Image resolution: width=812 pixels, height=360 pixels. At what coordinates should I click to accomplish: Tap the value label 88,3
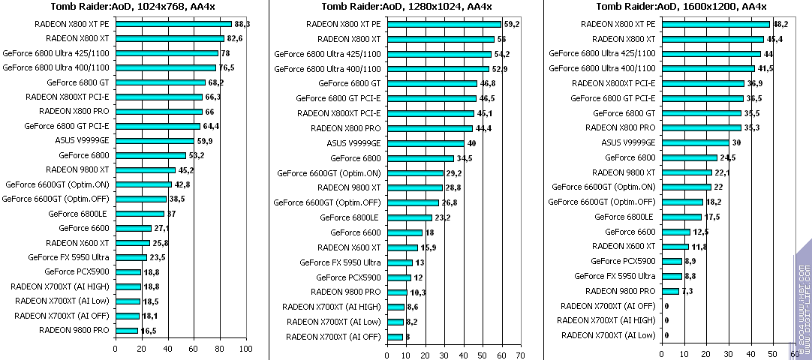point(242,24)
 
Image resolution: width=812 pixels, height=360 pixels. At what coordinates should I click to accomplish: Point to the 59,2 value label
point(512,24)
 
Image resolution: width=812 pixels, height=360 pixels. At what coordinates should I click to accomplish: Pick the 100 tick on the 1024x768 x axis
point(245,349)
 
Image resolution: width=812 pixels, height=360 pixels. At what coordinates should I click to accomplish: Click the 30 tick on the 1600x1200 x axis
point(728,354)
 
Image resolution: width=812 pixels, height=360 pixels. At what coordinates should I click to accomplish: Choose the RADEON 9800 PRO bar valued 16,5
point(126,330)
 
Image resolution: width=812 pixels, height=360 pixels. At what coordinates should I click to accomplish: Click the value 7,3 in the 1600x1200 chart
point(687,291)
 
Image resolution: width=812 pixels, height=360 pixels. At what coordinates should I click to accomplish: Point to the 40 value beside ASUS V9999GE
point(471,143)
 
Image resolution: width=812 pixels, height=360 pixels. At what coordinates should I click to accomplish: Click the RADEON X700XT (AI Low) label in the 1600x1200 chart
point(608,334)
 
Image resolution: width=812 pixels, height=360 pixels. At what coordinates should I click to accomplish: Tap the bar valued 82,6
point(170,38)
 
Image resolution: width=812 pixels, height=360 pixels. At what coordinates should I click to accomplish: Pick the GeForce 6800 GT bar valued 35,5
point(701,113)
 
